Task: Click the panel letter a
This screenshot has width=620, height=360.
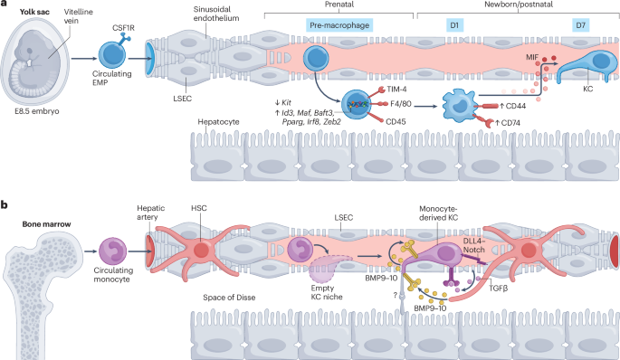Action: pos(5,6)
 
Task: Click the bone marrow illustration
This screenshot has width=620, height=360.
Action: pos(41,289)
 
